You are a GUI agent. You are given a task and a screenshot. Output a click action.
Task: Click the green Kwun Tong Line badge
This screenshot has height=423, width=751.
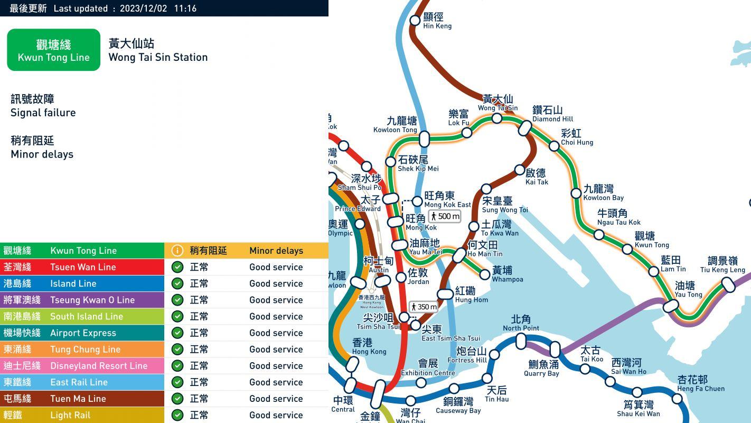click(53, 50)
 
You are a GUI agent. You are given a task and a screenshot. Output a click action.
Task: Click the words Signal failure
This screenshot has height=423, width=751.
click(43, 113)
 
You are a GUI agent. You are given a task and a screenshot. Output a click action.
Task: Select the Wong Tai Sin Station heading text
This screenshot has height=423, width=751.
click(158, 57)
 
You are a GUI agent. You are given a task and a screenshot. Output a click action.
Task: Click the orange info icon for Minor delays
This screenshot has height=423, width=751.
click(177, 251)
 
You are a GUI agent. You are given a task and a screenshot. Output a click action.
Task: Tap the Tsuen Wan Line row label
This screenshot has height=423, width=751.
click(83, 267)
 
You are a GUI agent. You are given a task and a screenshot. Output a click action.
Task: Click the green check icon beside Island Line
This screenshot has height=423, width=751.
click(177, 283)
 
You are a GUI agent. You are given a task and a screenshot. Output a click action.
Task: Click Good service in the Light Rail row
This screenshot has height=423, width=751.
click(276, 415)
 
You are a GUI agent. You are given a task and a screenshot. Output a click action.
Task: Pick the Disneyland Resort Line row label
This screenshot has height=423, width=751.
click(98, 366)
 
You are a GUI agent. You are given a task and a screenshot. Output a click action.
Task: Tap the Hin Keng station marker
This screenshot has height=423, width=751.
click(415, 21)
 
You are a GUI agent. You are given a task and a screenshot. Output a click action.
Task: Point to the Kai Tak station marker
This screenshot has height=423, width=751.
click(520, 170)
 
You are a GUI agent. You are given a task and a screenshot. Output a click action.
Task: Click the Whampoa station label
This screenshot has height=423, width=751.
click(507, 274)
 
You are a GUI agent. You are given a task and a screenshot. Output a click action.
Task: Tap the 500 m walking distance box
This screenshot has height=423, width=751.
click(445, 216)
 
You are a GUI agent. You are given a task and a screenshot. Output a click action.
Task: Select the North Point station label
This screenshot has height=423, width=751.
click(521, 323)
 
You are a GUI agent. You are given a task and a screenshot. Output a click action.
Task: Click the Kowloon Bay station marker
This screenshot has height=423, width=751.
click(576, 194)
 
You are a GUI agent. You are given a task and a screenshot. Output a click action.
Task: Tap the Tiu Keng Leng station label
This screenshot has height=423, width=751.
click(722, 264)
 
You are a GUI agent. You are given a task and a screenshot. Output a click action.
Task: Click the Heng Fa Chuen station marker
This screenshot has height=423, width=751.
click(678, 398)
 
